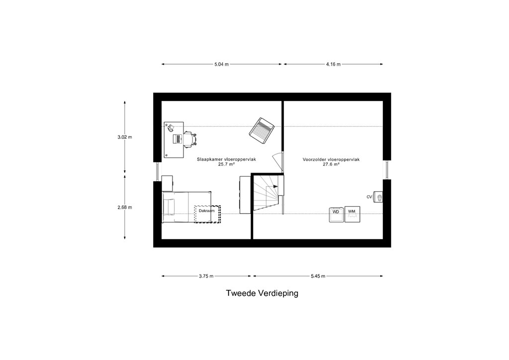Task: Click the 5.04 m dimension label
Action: coord(221,64)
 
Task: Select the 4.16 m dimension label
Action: coord(334,64)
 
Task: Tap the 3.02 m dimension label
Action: coord(125,137)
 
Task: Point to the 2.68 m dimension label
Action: coord(125,207)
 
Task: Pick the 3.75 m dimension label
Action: coord(206,276)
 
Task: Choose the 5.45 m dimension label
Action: coord(318,276)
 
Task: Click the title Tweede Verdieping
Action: coord(262,293)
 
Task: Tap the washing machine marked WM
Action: coord(352,214)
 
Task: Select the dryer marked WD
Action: coord(337,215)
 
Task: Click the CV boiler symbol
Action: coord(378,197)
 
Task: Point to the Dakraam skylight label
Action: coord(207,211)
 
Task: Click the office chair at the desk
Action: coord(190,139)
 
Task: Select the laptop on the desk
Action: coord(177,139)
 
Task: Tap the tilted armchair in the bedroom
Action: coord(261,130)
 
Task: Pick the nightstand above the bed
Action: coord(167,183)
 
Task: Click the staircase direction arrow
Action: coord(276,186)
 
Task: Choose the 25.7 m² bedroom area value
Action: coord(226,164)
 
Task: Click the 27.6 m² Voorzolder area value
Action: coord(331,164)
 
